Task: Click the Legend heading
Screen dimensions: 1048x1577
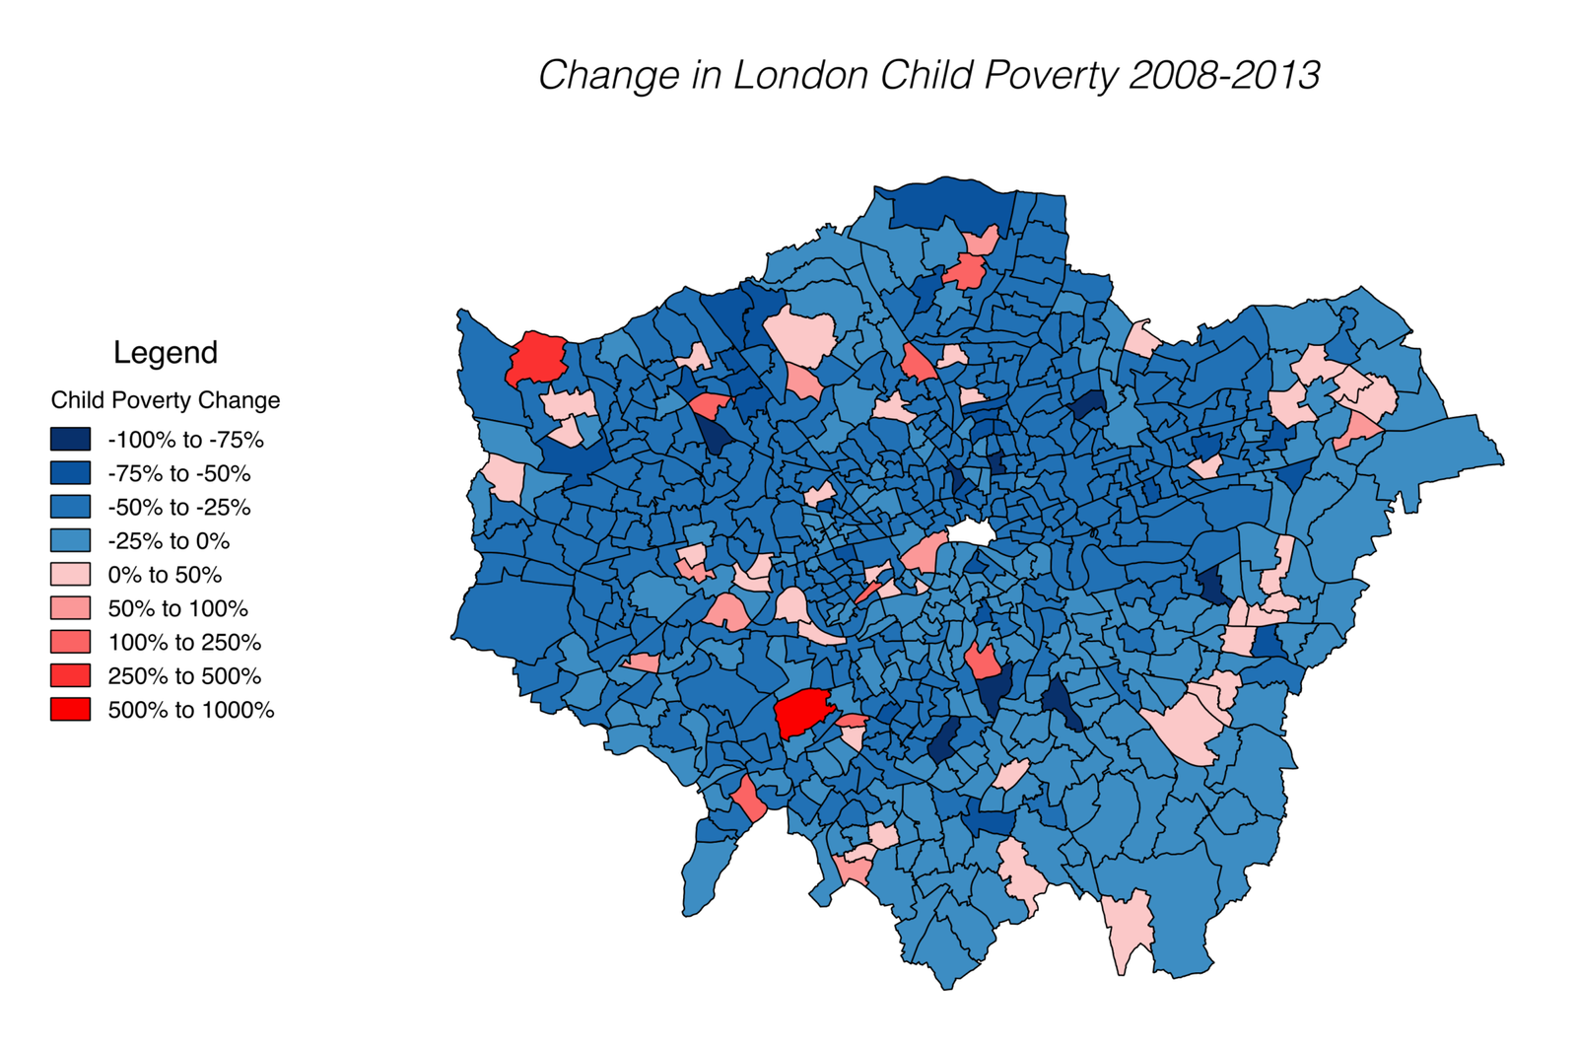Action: pos(166,352)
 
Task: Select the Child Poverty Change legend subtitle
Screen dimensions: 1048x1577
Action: pos(166,400)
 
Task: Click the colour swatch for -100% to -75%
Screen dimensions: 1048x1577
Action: pos(70,440)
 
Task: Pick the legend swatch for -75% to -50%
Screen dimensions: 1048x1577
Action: pos(70,473)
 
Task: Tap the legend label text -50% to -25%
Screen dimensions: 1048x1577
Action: pos(179,508)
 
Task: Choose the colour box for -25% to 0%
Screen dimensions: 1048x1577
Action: pos(70,541)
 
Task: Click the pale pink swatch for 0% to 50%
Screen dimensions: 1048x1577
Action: pos(70,575)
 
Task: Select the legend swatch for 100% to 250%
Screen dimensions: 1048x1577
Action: pos(70,643)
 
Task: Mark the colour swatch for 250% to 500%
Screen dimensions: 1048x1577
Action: pos(70,676)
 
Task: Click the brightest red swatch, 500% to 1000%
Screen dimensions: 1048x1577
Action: pos(70,710)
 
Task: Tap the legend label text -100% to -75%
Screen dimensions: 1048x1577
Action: pos(185,441)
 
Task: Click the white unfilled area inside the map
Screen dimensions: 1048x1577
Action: pos(971,533)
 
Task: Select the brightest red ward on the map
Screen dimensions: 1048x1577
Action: pos(802,711)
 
